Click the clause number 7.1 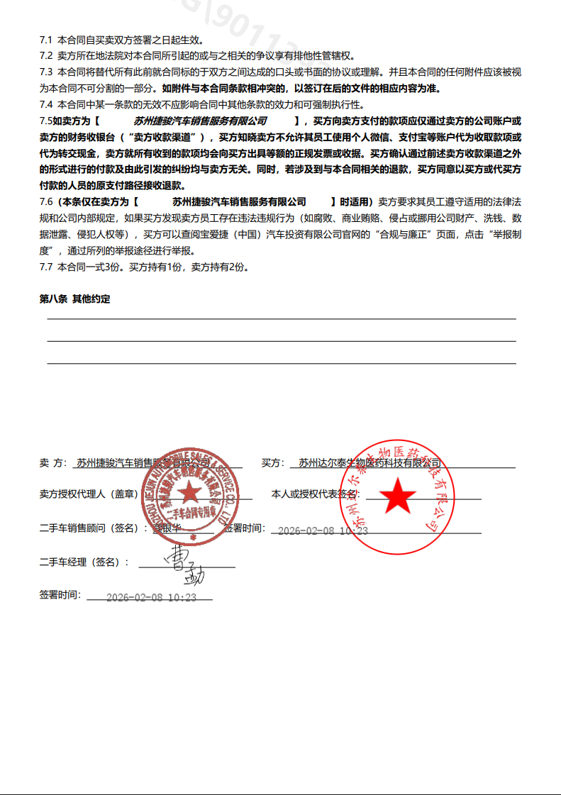[46, 40]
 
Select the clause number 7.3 [46, 72]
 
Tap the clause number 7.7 [46, 267]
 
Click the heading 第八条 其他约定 [74, 299]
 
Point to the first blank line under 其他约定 [281, 319]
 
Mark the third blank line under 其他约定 [281, 363]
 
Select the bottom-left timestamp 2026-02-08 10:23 [151, 598]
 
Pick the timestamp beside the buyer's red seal [323, 530]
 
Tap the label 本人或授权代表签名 [315, 494]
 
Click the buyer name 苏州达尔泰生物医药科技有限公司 [370, 463]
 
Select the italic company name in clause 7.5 [200, 121]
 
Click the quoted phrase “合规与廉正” [399, 235]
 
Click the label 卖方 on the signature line [52, 463]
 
